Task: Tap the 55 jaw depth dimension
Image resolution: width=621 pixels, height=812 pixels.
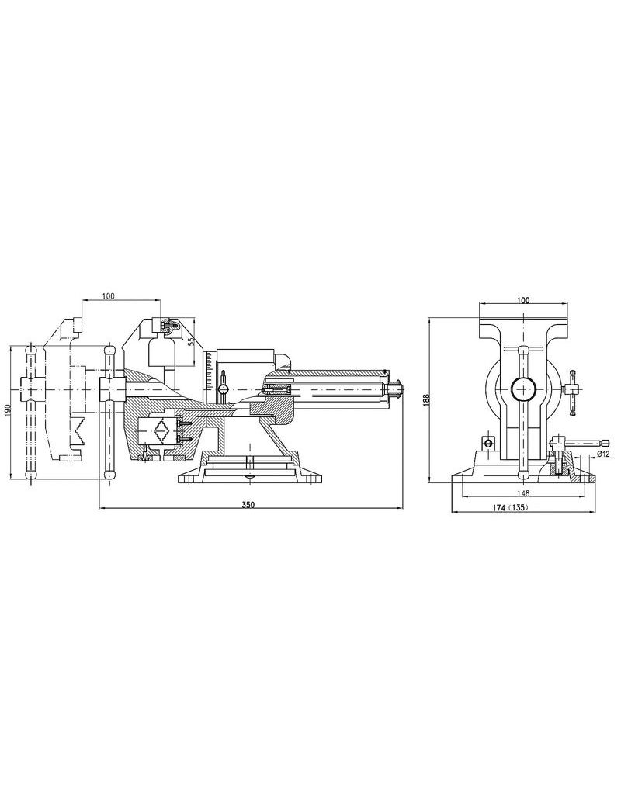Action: [x=190, y=342]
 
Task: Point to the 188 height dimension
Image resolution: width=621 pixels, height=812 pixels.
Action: [x=426, y=399]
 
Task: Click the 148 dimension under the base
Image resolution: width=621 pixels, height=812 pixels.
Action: [x=522, y=493]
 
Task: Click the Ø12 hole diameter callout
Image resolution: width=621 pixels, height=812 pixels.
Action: [x=602, y=454]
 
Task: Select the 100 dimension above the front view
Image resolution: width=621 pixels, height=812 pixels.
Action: [x=523, y=300]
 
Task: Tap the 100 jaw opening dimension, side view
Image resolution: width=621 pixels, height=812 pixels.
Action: [x=108, y=296]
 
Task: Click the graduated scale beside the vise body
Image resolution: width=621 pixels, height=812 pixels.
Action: [x=209, y=371]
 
